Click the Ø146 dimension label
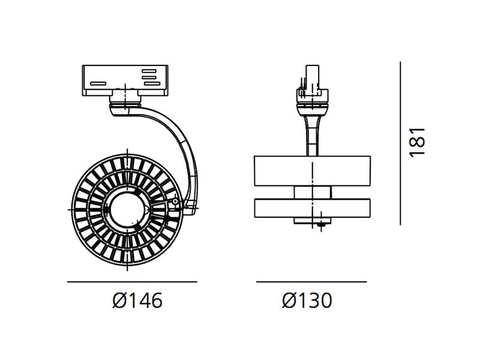coord(137,300)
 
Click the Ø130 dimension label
coord(307,300)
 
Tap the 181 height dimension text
coord(417,142)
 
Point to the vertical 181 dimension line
coord(400,142)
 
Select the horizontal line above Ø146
coord(132,281)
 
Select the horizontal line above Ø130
coord(311,281)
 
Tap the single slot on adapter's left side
coord(98,83)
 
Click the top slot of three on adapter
coord(149,71)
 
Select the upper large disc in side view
coord(313,171)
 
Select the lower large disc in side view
coord(313,208)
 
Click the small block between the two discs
coord(313,191)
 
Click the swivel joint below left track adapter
coord(126,108)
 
